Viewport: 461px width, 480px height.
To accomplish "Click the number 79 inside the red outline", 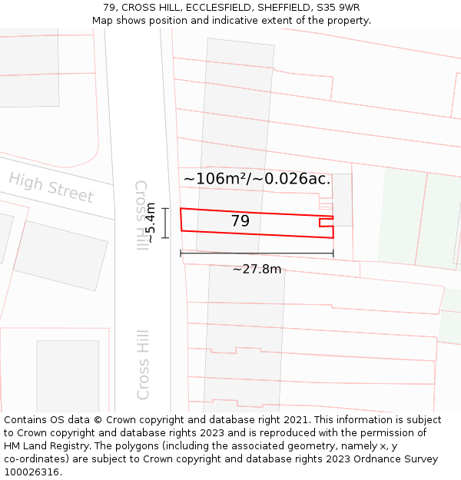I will [240, 221].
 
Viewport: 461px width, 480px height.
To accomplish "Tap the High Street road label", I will [51, 187].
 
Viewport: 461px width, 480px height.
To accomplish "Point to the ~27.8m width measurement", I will [257, 269].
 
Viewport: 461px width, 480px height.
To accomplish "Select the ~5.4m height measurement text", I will [151, 223].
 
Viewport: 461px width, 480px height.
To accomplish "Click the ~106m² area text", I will [216, 179].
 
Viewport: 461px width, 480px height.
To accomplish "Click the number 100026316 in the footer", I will [31, 472].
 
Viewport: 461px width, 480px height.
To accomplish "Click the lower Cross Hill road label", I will [143, 365].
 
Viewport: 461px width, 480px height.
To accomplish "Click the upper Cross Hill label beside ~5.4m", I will [141, 215].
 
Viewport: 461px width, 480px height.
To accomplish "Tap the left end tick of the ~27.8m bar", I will [181, 253].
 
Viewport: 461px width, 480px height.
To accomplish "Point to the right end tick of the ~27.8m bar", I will [333, 253].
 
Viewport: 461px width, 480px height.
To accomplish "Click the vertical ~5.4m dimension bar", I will [164, 223].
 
